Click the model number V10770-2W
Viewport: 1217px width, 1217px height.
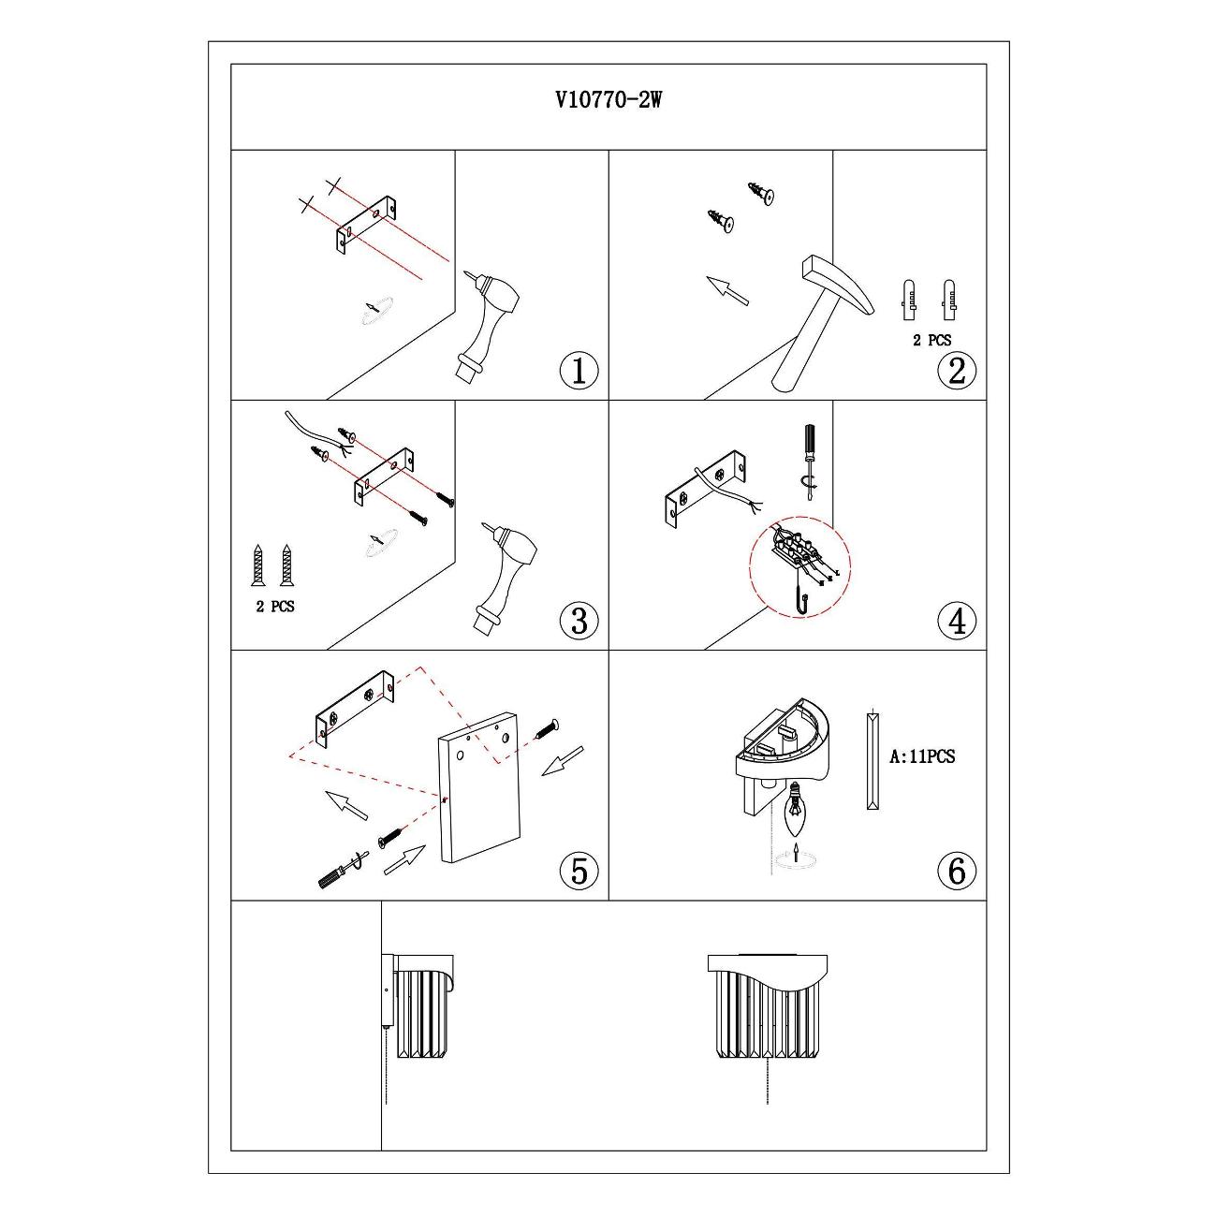[x=608, y=100]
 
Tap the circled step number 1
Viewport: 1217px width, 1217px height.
[x=579, y=370]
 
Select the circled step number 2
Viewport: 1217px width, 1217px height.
[x=957, y=370]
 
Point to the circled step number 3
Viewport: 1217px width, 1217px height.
[x=579, y=620]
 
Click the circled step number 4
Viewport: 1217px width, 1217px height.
[x=957, y=620]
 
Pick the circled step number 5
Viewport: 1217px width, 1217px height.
[x=579, y=871]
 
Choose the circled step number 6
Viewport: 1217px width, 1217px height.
[x=957, y=871]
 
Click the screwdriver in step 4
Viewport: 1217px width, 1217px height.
[x=808, y=462]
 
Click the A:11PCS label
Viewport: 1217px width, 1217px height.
[x=922, y=756]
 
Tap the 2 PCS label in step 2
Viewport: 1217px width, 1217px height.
[x=931, y=340]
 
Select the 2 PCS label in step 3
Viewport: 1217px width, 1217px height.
[x=274, y=607]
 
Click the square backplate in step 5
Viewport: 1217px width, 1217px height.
[x=478, y=788]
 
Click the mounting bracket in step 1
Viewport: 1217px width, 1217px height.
[x=366, y=225]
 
